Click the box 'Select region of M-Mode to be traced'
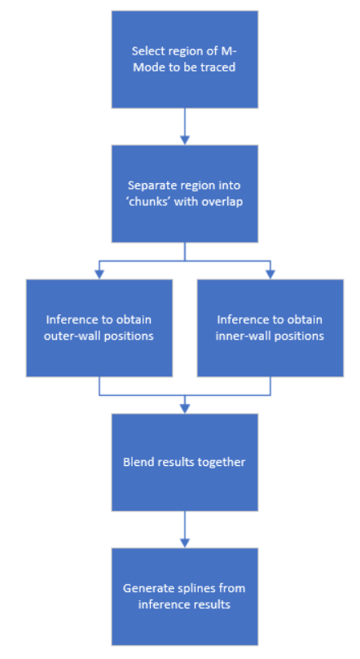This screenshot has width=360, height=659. [184, 59]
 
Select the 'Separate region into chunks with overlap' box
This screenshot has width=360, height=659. [184, 194]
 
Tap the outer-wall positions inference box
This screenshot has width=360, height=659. [99, 327]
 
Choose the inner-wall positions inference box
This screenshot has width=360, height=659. [270, 327]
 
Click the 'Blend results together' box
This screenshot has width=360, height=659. [184, 463]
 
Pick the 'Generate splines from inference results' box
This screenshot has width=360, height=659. [184, 596]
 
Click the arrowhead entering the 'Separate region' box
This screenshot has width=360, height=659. [184, 140]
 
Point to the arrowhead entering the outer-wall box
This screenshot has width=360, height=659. [99, 275]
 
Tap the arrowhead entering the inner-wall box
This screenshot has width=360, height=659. [270, 275]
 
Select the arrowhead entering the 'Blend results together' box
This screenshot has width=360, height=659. [184, 408]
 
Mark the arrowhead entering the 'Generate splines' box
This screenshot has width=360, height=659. [184, 543]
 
